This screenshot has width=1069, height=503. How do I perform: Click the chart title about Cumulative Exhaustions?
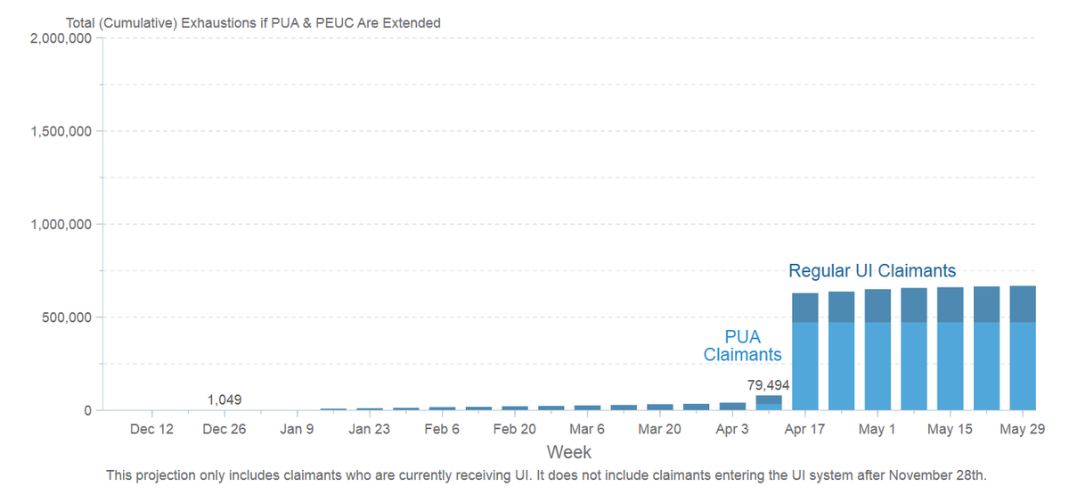(253, 23)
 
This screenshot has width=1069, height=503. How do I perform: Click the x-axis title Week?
(568, 452)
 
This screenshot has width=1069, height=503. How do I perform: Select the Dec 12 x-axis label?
(151, 429)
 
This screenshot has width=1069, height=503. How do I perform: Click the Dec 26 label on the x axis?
(224, 429)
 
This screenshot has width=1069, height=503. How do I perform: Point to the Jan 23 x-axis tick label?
(369, 429)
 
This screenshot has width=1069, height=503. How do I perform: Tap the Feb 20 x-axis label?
(514, 429)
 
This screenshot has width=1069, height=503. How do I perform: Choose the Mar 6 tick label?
(586, 429)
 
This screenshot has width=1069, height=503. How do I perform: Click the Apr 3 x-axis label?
(732, 429)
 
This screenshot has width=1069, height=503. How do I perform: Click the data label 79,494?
(768, 385)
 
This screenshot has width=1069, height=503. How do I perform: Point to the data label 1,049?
(224, 400)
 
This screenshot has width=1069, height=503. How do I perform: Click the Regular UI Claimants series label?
(872, 270)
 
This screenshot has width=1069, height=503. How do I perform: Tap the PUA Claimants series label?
(742, 345)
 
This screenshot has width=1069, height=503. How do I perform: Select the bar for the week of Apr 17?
(805, 351)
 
